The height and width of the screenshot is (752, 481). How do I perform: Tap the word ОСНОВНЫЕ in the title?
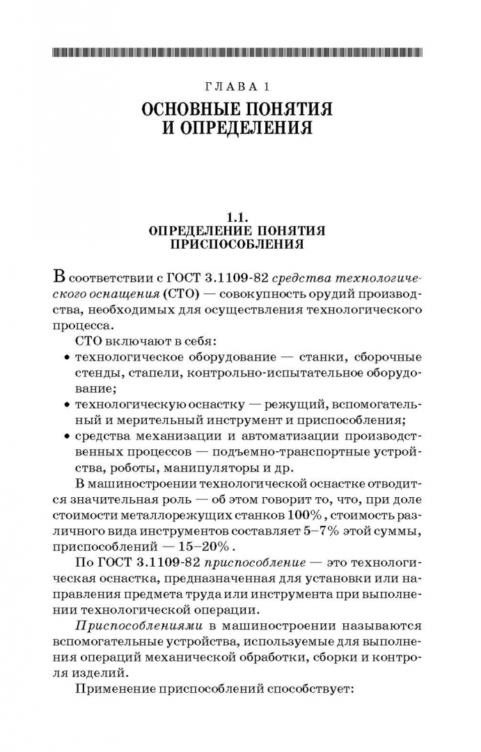pyautogui.click(x=194, y=109)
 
